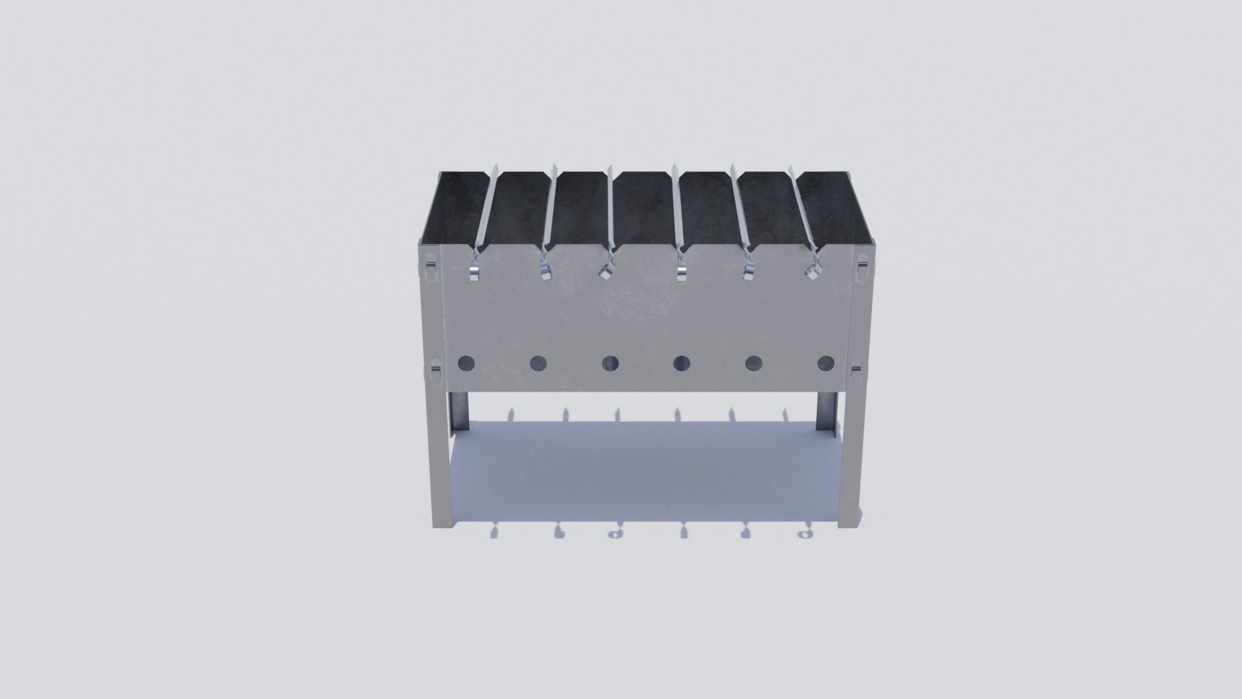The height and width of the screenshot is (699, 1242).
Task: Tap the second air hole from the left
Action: (538, 364)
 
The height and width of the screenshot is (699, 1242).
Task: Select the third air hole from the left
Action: (610, 364)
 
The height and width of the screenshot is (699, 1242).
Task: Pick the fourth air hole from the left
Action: (681, 364)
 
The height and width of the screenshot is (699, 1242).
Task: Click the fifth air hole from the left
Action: (753, 364)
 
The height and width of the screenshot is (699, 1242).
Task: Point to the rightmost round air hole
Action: (825, 364)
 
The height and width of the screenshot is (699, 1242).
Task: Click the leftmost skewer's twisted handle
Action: (474, 271)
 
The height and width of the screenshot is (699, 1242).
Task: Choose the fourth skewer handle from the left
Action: (681, 271)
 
